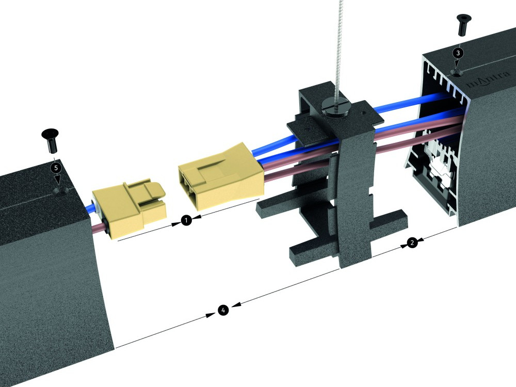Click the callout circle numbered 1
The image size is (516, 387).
point(186,220)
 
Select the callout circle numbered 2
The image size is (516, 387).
point(412,243)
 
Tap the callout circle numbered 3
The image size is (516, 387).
point(458,53)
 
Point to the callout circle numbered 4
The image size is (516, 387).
point(223,310)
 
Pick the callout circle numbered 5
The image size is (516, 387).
point(56,168)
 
